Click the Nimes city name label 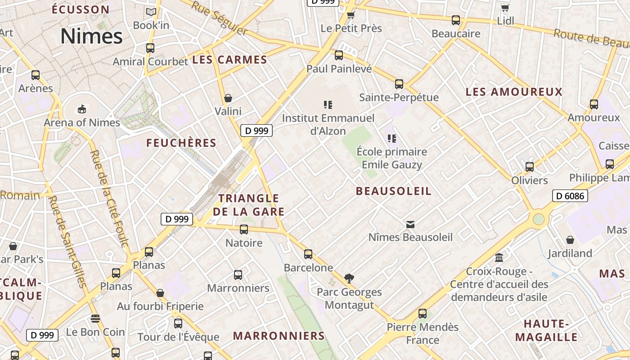click(x=91, y=36)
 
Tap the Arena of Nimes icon click(x=81, y=109)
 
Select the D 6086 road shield click(x=570, y=196)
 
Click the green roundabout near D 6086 click(x=539, y=220)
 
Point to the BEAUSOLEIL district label click(x=394, y=191)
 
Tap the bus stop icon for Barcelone click(x=308, y=254)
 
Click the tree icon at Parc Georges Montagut click(x=349, y=279)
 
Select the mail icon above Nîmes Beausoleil click(x=410, y=224)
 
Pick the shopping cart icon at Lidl click(x=505, y=8)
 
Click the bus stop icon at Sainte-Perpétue click(x=399, y=84)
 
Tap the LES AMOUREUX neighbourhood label click(x=514, y=92)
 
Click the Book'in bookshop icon click(x=151, y=12)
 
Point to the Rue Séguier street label click(x=219, y=18)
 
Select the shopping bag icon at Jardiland click(x=570, y=240)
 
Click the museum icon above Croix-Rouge click(x=499, y=258)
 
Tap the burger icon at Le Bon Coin click(x=95, y=319)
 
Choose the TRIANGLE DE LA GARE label click(x=249, y=205)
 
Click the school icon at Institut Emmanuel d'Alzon click(x=328, y=105)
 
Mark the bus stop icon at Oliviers click(x=530, y=167)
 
